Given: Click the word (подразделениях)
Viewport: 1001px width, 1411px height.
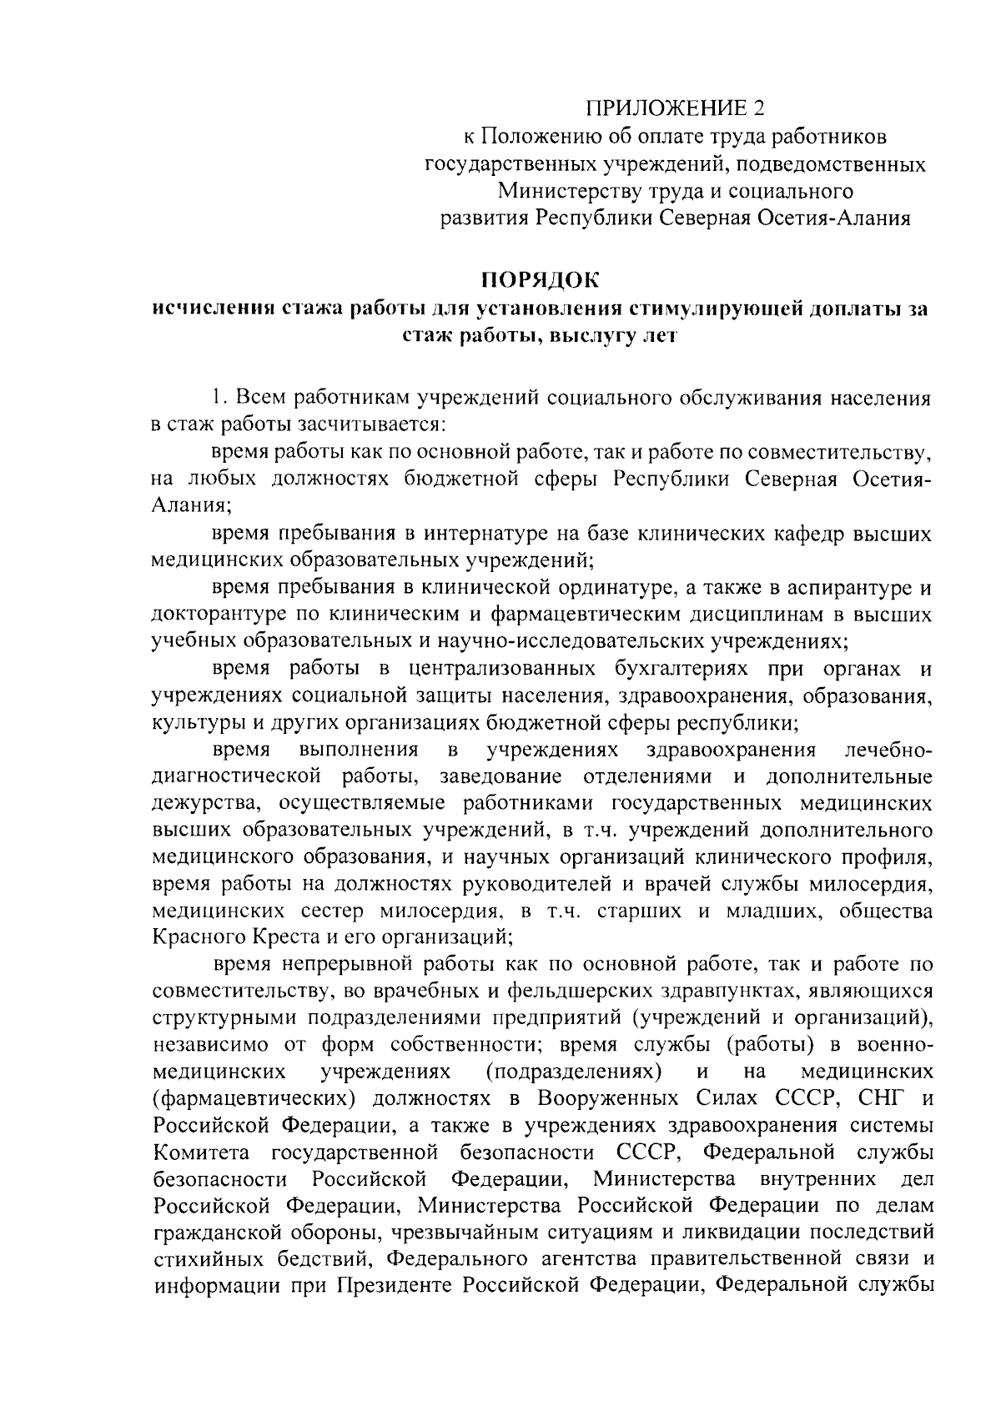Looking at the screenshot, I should click(x=574, y=1071).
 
